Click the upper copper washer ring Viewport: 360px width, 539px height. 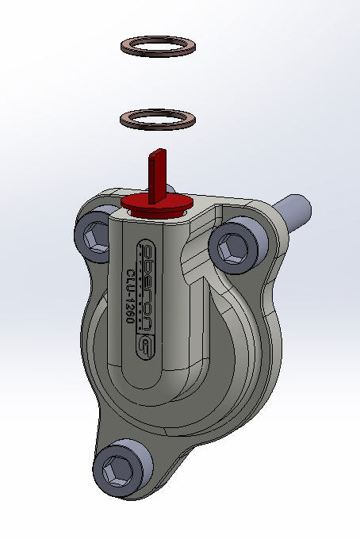pos(158,38)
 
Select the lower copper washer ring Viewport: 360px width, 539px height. pos(158,112)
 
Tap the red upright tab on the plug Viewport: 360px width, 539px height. pos(157,175)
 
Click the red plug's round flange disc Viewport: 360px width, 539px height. pos(156,205)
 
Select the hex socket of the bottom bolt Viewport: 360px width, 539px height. pos(118,469)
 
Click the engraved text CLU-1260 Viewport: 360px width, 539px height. pos(130,295)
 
